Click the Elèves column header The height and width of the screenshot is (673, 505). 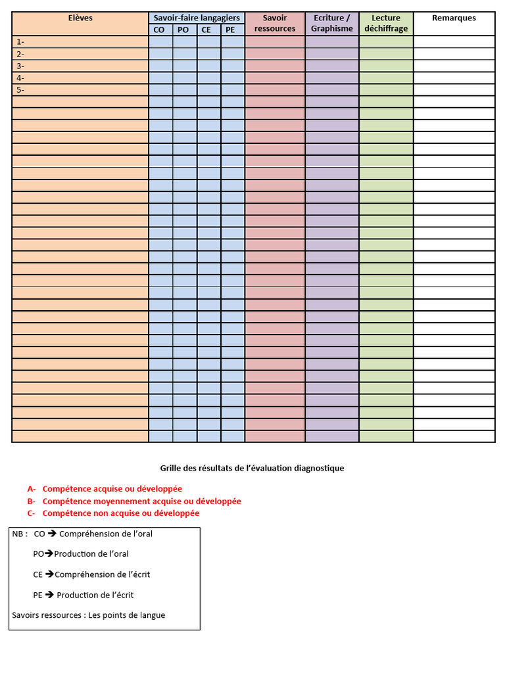[x=80, y=18]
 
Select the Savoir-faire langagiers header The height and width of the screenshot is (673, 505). [x=197, y=18]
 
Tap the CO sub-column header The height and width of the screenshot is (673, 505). [x=160, y=30]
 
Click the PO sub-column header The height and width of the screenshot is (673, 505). [x=185, y=30]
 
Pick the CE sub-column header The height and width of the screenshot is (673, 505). [x=208, y=30]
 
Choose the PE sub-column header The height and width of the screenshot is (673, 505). [x=232, y=30]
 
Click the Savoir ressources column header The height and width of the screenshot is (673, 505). [x=275, y=24]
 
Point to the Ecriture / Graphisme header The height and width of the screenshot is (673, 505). [x=332, y=24]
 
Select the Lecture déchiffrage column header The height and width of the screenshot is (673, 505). [x=386, y=24]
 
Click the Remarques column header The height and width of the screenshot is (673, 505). [x=454, y=18]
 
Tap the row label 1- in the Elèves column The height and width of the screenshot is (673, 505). [x=20, y=42]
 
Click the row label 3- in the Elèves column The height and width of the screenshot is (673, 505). [x=20, y=66]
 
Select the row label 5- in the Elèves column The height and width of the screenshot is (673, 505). [x=20, y=90]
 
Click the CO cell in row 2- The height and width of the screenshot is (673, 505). [x=160, y=54]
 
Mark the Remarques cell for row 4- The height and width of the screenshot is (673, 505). [x=454, y=78]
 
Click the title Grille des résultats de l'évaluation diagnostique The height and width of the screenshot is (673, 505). [x=252, y=469]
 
